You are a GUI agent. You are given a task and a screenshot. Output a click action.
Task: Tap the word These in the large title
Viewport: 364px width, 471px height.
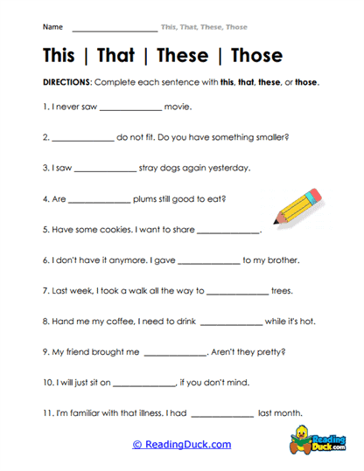pos(183,56)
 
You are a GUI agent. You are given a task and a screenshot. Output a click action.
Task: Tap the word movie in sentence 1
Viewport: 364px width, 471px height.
pos(178,107)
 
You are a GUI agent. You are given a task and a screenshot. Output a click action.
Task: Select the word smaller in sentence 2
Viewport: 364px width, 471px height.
pos(271,137)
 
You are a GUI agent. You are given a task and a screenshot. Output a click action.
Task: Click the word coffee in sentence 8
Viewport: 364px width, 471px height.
pos(129,321)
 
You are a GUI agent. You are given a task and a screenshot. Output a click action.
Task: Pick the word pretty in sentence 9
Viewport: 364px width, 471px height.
pos(268,351)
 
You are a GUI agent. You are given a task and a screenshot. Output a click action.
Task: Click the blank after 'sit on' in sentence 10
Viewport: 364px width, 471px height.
pos(144,384)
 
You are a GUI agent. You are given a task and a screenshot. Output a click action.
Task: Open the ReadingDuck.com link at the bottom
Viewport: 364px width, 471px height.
pos(182,444)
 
